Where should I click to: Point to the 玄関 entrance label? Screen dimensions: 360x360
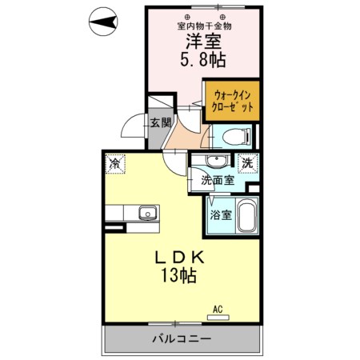(160, 122)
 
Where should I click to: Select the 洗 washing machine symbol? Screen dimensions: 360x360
(247, 162)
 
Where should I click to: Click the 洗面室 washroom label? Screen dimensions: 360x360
(218, 181)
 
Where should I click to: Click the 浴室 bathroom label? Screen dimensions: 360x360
(221, 214)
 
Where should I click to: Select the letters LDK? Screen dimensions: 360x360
(180, 258)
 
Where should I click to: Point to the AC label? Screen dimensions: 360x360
(218, 308)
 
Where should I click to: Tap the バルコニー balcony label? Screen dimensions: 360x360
(182, 338)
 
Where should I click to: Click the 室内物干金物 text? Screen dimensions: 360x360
(204, 25)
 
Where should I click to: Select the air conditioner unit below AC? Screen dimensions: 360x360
(218, 317)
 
